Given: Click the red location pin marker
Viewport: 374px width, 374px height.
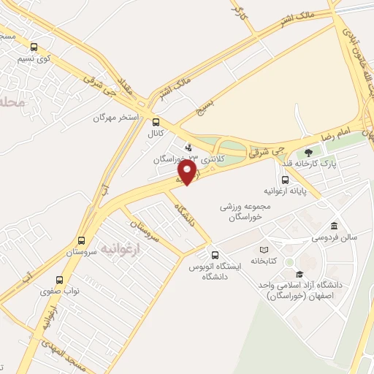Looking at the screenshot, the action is [188, 172].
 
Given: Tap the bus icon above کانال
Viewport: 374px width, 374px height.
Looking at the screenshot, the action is [156, 122].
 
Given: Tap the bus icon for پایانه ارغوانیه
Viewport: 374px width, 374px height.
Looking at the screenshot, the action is [285, 180].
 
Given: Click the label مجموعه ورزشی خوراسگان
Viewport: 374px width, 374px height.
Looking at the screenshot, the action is [245, 212].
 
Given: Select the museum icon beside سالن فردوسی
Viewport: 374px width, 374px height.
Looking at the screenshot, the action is [335, 226].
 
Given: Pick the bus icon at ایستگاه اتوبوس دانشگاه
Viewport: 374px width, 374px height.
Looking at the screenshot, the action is [214, 255].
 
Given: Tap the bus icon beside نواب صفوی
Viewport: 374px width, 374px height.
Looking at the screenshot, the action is [59, 279].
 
